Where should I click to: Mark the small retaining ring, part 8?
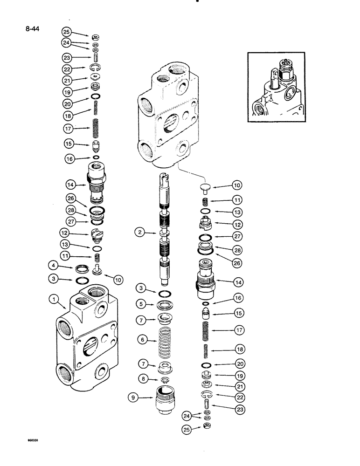click(x=165, y=381)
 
